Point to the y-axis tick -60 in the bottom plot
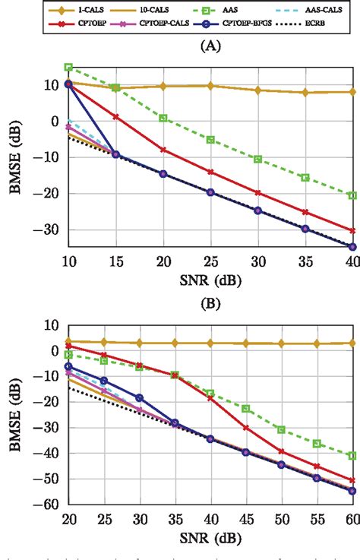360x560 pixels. [52, 504]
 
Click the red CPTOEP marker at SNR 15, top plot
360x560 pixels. [115, 116]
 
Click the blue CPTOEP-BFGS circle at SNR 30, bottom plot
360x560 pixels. [139, 398]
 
